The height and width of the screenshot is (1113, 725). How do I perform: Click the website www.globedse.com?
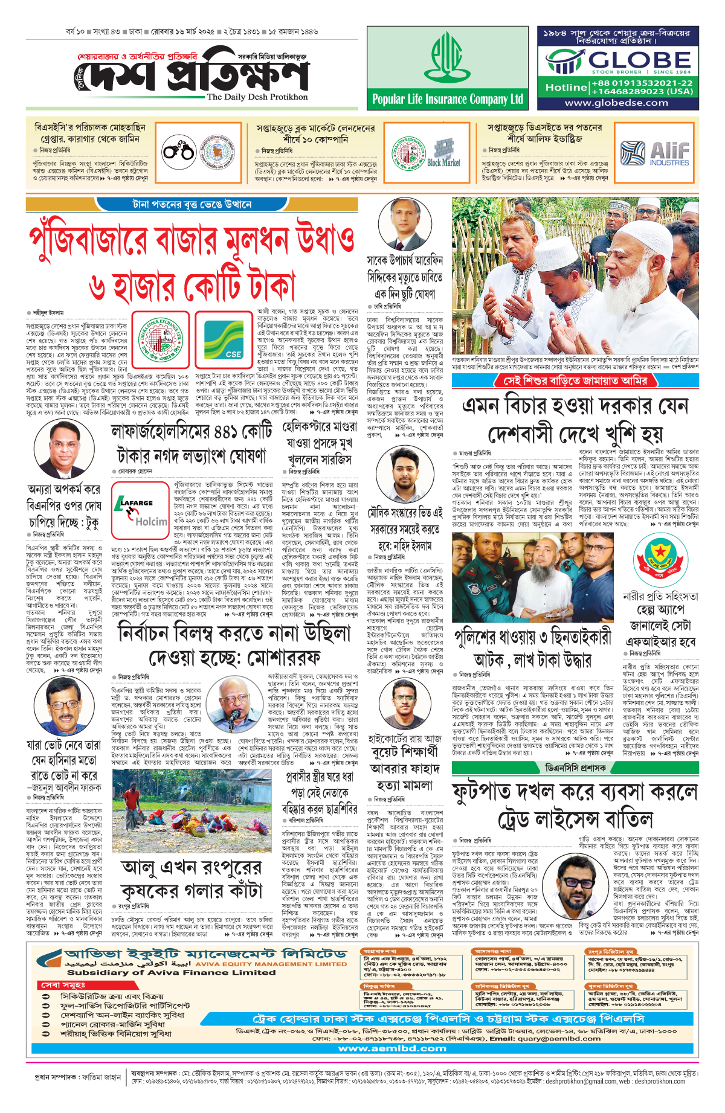(616, 103)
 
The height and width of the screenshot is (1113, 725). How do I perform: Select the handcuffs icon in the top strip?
(178, 150)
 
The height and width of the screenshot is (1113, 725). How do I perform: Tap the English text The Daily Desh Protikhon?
(257, 97)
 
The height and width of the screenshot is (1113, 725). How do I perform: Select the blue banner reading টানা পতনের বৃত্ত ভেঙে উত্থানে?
(192, 205)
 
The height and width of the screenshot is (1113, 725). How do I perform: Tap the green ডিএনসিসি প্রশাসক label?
(575, 768)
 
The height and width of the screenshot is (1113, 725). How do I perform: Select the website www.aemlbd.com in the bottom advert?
(392, 1048)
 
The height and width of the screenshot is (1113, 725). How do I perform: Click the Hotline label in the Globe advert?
(565, 88)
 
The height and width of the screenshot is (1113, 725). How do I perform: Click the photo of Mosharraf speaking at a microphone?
(234, 702)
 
